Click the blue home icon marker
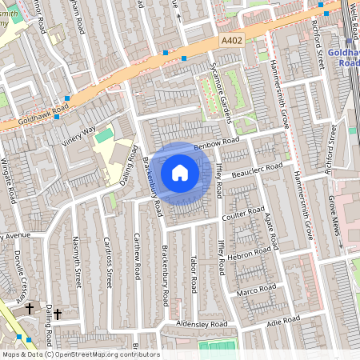pyautogui.click(x=180, y=172)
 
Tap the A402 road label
pyautogui.click(x=233, y=38)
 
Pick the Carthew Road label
pyautogui.click(x=137, y=255)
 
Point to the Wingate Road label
pyautogui.click(x=7, y=181)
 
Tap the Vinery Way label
pyautogui.click(x=78, y=136)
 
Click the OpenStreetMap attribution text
pyautogui.click(x=80, y=354)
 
